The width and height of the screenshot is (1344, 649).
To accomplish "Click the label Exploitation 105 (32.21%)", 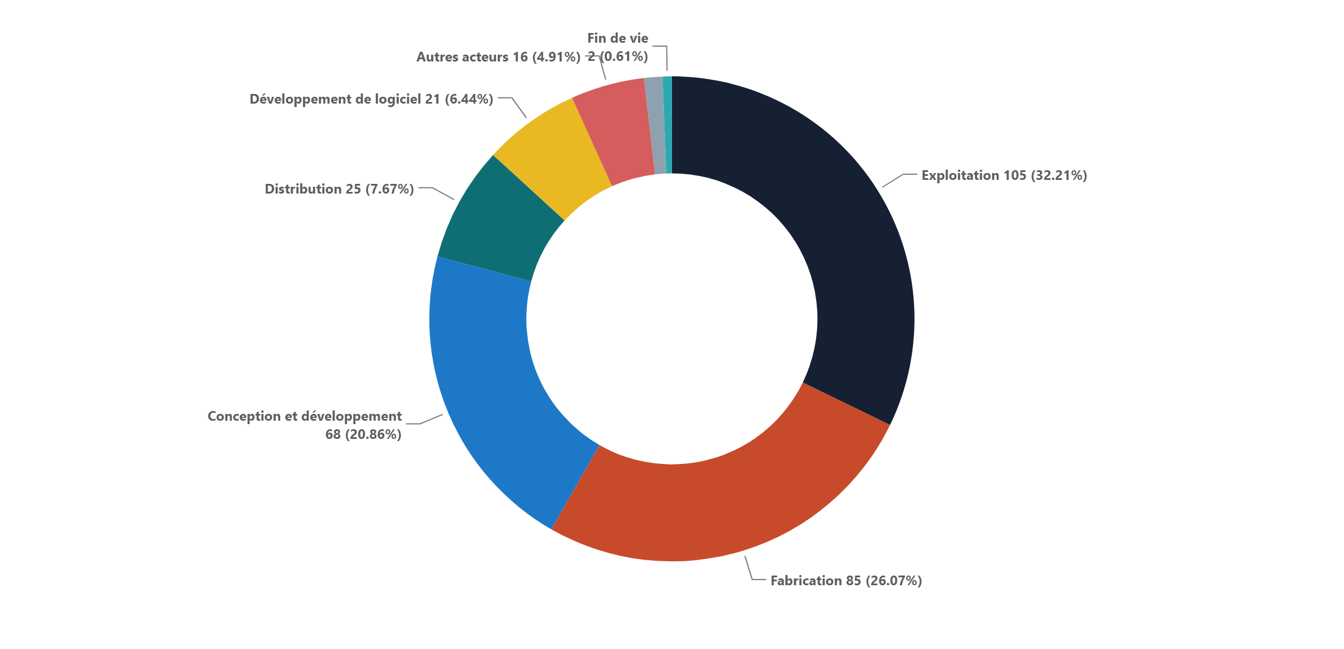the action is click(x=1004, y=175).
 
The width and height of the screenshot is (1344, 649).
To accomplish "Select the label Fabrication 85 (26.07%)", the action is click(x=846, y=581).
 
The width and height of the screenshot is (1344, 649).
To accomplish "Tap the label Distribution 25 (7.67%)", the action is click(x=339, y=189).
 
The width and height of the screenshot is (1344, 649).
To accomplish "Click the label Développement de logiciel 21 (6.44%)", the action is click(x=371, y=99).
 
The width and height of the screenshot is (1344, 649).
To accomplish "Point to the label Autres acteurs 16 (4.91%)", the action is click(x=498, y=57).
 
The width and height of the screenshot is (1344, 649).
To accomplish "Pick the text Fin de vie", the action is click(x=618, y=38).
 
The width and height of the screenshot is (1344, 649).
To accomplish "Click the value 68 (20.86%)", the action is click(x=363, y=434).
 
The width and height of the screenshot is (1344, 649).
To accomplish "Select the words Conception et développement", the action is click(x=305, y=416).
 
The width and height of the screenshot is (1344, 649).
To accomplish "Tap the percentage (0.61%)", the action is click(x=624, y=56).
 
